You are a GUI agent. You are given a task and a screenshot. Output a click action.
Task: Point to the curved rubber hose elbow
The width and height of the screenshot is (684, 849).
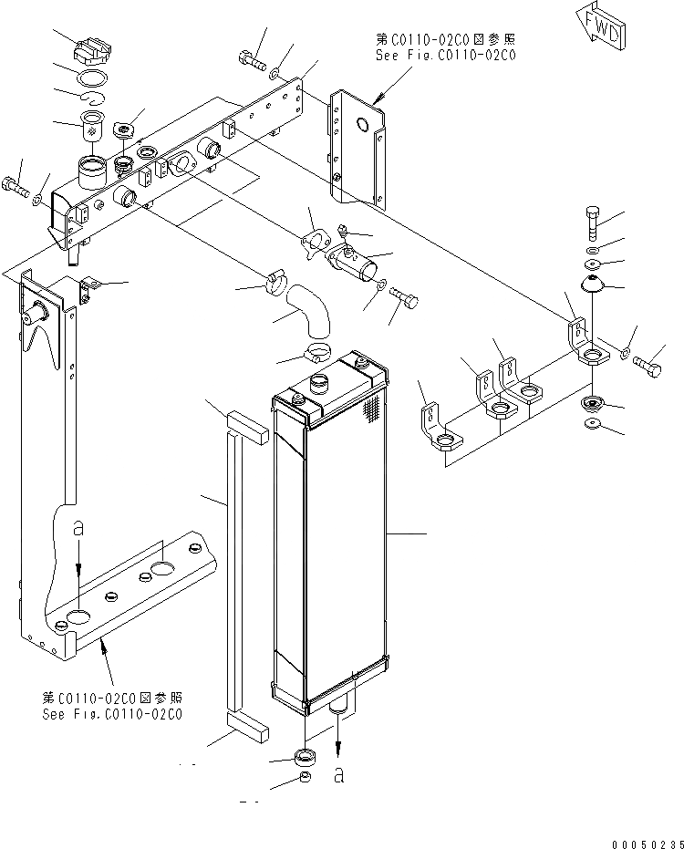pyautogui.click(x=306, y=310)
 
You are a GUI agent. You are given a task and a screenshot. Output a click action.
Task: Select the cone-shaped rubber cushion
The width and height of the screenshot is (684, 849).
pyautogui.click(x=594, y=284)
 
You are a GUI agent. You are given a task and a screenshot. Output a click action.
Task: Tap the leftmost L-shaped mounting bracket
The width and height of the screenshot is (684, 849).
pyautogui.click(x=435, y=429)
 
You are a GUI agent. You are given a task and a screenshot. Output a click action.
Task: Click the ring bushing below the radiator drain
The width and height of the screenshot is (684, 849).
pyautogui.click(x=306, y=756)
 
